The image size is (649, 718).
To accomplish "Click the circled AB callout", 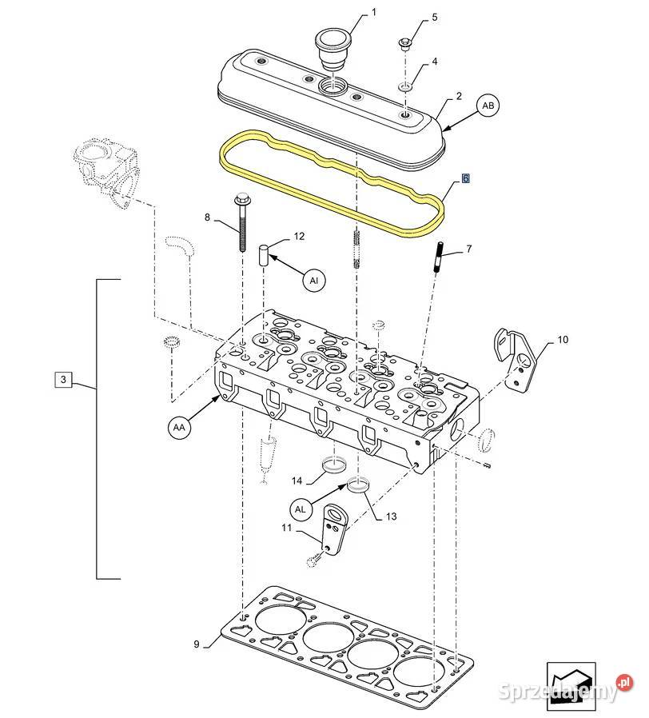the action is coord(488,106).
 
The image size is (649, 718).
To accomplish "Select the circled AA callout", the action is coord(179,427).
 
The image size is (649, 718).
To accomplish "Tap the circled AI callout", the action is coord(314,280).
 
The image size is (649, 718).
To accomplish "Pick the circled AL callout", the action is coord(301,509).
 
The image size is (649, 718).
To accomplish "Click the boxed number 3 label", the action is coord(63,379).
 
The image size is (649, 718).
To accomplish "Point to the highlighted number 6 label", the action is coord(465,178).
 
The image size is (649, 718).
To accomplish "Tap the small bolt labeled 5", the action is coord(405,44).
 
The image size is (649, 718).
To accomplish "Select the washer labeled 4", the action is coord(405,86).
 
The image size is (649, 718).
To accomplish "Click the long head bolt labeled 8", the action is coord(241,222).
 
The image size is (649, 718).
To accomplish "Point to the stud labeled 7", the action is coord(438,257).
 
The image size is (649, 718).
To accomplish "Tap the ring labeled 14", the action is coord(335,465).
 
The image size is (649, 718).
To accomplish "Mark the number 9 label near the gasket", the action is coord(197,644).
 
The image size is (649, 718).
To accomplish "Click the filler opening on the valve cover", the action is coord(332,86).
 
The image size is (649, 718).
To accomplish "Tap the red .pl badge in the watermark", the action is coord(624,682).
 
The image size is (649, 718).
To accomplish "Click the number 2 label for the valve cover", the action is coord(459,96).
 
